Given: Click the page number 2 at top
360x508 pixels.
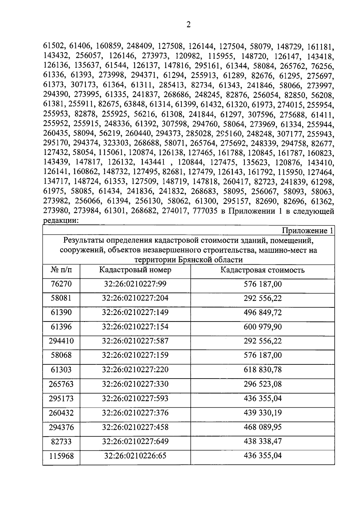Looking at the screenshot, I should click(188, 25).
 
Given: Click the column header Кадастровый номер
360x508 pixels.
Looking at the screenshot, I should click(135, 270).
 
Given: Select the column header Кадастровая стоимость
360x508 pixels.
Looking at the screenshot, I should click(262, 270).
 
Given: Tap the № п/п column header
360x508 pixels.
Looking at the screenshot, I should click(61, 270).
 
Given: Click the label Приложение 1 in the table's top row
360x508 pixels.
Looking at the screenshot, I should click(307, 231).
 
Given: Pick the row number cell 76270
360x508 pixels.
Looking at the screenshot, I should click(61, 284).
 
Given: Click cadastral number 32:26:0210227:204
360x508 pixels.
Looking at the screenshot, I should click(135, 298).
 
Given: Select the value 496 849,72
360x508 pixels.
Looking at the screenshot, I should click(262, 313).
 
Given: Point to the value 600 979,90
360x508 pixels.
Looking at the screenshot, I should click(262, 327).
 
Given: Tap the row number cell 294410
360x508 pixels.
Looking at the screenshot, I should click(61, 341).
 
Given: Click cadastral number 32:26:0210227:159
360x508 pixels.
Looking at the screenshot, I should click(135, 355).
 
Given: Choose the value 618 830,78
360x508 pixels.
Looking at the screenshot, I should click(262, 370).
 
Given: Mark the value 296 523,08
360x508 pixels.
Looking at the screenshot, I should click(262, 384).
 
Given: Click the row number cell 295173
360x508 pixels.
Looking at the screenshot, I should click(61, 399).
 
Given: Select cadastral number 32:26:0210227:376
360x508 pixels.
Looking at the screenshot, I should click(135, 413).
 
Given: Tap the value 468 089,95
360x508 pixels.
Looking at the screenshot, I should click(262, 427).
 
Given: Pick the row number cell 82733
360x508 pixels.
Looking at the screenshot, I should click(61, 441).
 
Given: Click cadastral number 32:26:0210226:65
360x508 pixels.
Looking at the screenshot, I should click(135, 456).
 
